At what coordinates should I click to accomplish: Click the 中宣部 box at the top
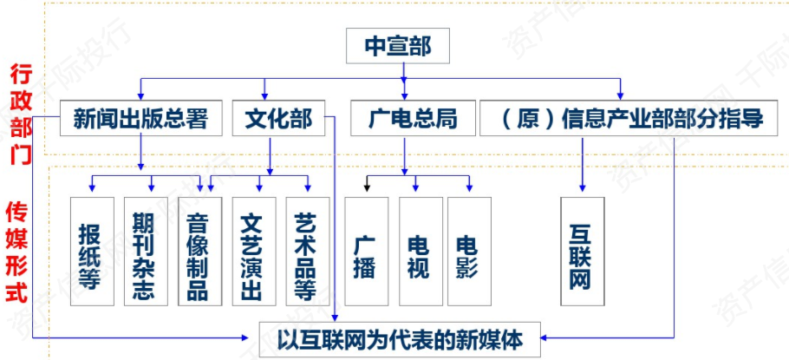(397, 46)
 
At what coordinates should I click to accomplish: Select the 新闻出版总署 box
(140, 118)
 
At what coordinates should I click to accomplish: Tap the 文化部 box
(278, 118)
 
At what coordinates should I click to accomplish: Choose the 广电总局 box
(413, 118)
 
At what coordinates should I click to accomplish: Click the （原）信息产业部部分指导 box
(634, 118)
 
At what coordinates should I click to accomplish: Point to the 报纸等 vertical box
(92, 252)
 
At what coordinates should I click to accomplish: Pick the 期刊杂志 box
(146, 252)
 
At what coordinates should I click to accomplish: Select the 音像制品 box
(199, 252)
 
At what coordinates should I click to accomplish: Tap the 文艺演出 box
(254, 252)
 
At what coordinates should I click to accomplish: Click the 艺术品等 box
(308, 252)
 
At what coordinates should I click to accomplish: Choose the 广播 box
(366, 252)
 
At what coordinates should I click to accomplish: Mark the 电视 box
(421, 252)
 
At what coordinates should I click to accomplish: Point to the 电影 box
(469, 252)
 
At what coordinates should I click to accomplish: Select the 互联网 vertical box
(582, 252)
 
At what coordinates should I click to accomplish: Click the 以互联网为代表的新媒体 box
(400, 339)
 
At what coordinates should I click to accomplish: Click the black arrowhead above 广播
(368, 187)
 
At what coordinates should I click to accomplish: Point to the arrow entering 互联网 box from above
(582, 164)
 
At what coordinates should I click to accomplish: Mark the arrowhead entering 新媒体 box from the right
(545, 337)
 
